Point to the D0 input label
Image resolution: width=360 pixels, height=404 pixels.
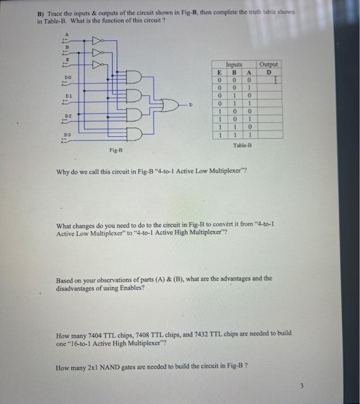click(x=68, y=76)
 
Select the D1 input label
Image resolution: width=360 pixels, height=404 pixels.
click(x=68, y=95)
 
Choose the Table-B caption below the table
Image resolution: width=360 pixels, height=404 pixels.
click(x=242, y=145)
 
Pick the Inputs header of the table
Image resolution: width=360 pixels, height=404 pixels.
click(x=234, y=65)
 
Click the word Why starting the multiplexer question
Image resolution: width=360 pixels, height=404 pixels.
click(x=62, y=171)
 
